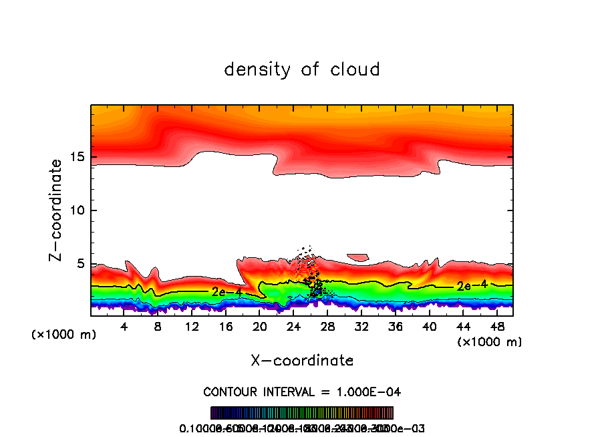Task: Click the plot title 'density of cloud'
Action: [x=302, y=69]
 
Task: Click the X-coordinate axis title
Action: [x=302, y=360]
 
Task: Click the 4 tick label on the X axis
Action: [x=124, y=327]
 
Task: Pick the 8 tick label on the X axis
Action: [x=158, y=327]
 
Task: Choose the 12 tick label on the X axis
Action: [x=192, y=327]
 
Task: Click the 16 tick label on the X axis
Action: [x=226, y=327]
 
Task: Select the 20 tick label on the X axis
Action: [x=260, y=327]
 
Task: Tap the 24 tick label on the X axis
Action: [x=294, y=327]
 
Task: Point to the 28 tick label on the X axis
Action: [x=327, y=327]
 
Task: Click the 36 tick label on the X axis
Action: [x=396, y=327]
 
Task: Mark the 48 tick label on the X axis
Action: [x=497, y=327]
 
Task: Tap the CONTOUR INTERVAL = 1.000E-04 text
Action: [x=302, y=391]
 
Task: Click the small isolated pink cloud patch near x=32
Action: [x=358, y=257]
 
